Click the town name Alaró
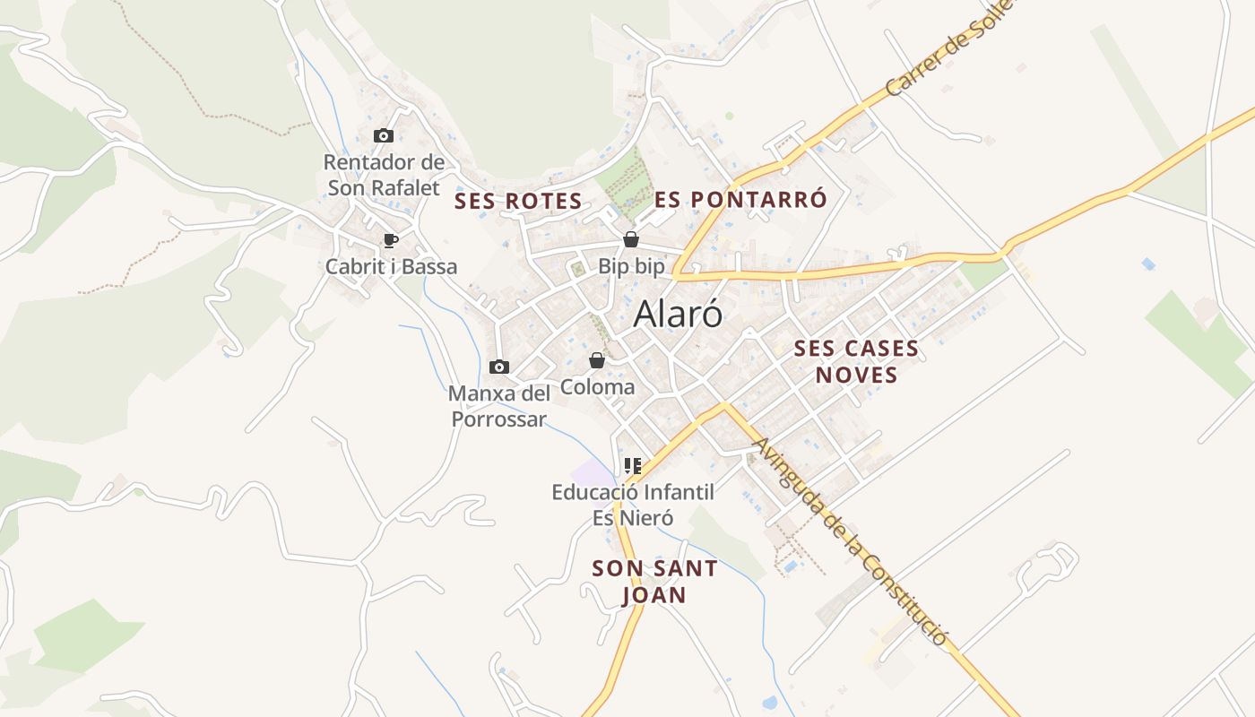point(678,314)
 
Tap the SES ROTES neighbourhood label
point(518,201)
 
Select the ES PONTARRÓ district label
point(740,199)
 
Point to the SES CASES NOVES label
point(856,361)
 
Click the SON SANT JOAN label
point(654,581)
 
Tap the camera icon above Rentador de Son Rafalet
point(384,135)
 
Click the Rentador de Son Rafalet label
point(384,175)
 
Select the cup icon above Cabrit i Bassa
point(390,240)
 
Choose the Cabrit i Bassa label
point(391,266)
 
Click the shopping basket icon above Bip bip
point(631,239)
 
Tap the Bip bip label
point(632,266)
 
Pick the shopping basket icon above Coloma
point(596,360)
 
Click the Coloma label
point(597,387)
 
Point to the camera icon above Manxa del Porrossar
point(499,367)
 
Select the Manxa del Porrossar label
point(498,406)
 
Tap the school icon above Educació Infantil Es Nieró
point(633,465)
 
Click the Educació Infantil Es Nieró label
point(633,505)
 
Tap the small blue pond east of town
point(1148,263)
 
